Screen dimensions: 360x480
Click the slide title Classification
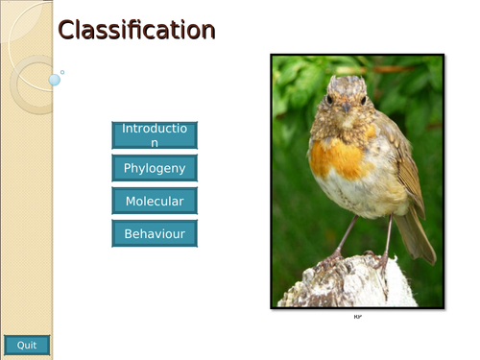pyautogui.click(x=135, y=31)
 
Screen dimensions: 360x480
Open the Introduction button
pyautogui.click(x=155, y=134)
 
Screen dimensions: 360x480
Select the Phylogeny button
pyautogui.click(x=155, y=168)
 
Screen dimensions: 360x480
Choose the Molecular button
pyautogui.click(x=155, y=201)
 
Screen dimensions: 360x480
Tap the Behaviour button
pyautogui.click(x=155, y=233)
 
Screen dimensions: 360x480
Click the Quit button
pyautogui.click(x=27, y=345)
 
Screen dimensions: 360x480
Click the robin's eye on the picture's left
pyautogui.click(x=329, y=99)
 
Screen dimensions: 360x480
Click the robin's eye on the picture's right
pyautogui.click(x=363, y=100)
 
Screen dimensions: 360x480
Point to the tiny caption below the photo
pyautogui.click(x=357, y=316)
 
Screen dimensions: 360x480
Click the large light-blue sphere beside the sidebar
pyautogui.click(x=55, y=81)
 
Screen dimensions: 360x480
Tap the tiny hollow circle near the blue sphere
pyautogui.click(x=62, y=71)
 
